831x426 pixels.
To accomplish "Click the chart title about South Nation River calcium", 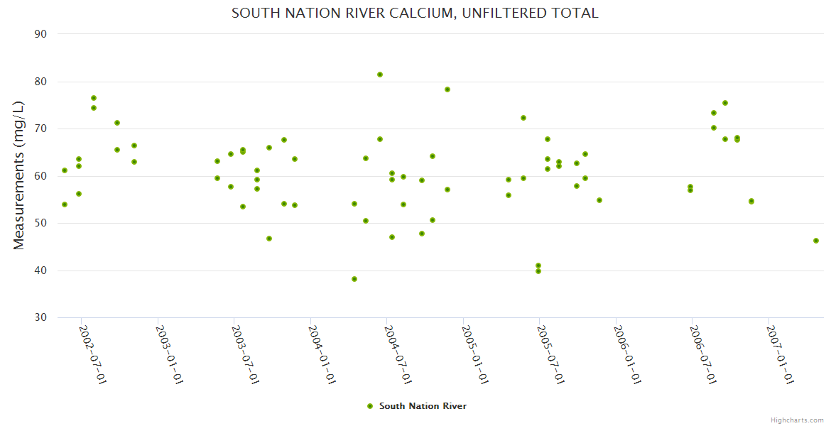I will coord(415,13).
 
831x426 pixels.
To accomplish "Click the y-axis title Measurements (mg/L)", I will coord(19,175).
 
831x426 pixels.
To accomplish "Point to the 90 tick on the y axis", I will coord(40,34).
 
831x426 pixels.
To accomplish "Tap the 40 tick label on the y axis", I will coord(40,271).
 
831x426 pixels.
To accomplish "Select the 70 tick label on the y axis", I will coord(40,129).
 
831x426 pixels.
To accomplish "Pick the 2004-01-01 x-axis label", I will coord(321,355).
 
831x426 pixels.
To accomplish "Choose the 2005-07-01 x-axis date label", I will coord(550,355).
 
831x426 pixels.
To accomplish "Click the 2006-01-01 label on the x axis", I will coord(626,355).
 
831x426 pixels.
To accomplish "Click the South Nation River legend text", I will coord(423,406).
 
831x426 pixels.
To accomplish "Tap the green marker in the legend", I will coord(369,406).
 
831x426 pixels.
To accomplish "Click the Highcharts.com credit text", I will coord(797,420).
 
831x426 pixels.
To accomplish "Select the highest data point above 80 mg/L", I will coord(380,75).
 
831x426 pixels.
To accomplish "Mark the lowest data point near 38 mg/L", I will coord(354,279).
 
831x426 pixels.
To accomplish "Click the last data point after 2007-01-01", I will coord(816,241).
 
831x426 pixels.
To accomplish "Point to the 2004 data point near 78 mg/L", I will coord(447,89).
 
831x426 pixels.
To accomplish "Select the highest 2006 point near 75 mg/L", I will coord(725,103).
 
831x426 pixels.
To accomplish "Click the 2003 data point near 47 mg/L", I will coord(269,239).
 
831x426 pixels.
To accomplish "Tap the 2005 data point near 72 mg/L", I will coord(523,118).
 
